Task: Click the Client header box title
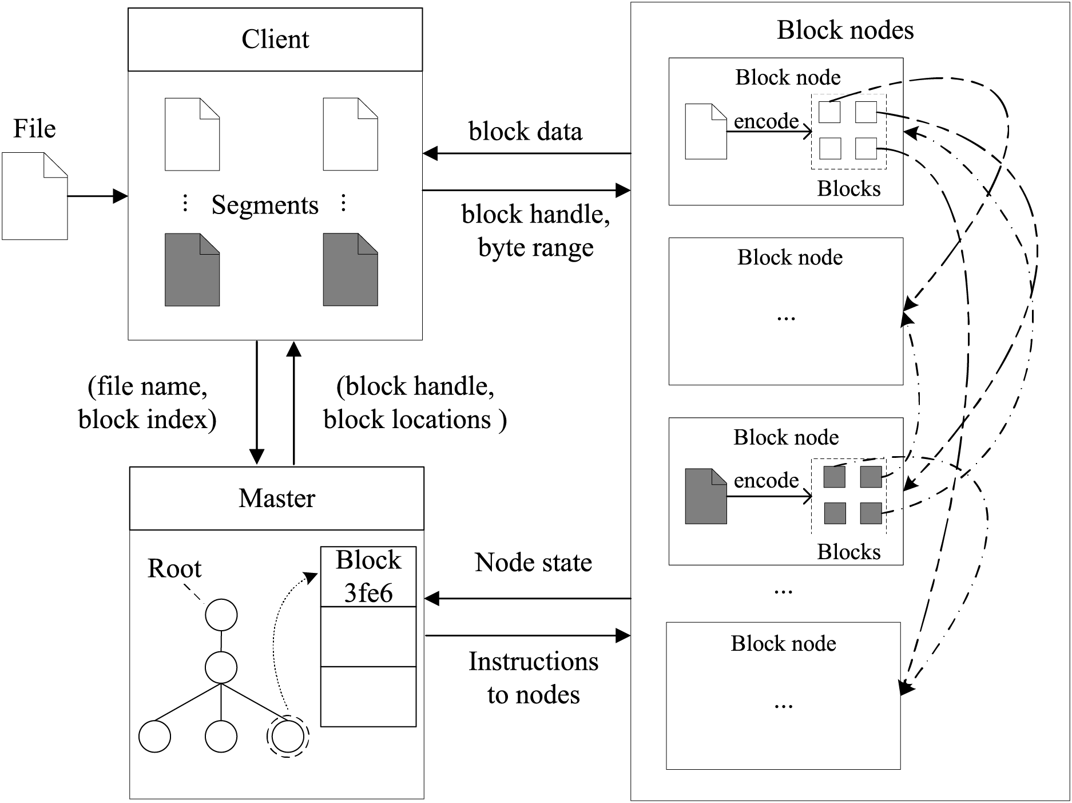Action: tap(275, 39)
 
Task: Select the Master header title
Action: tap(277, 499)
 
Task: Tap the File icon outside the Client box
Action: tap(34, 196)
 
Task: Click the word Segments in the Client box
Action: tap(265, 205)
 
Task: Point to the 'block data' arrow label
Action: tap(525, 132)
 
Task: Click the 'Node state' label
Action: tap(533, 563)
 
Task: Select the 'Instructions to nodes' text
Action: tap(533, 678)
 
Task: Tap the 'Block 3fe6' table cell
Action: tap(368, 577)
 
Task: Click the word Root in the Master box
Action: tap(174, 569)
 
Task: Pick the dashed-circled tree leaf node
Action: tap(288, 737)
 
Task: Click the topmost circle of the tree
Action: tap(221, 615)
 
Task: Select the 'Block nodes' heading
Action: tap(845, 30)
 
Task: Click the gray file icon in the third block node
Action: tap(706, 496)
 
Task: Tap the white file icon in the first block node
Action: tap(706, 132)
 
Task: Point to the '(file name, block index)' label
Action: tap(148, 403)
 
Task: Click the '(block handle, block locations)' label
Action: tap(415, 403)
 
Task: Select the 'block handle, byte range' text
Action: tap(535, 231)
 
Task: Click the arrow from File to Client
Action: tap(97, 196)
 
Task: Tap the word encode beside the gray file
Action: tap(766, 480)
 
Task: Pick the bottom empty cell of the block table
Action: tap(368, 697)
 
